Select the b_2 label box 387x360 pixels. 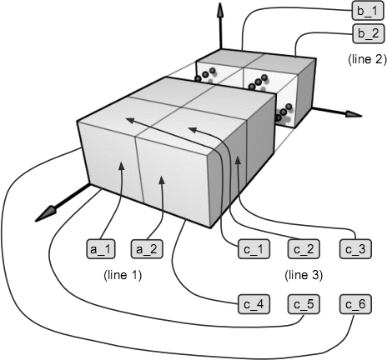(x=369, y=34)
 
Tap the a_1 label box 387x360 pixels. (x=101, y=249)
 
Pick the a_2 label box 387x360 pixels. (x=147, y=249)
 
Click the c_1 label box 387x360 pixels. (x=254, y=249)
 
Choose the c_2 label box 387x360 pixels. (x=304, y=249)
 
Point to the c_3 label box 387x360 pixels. (x=355, y=249)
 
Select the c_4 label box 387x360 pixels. (x=254, y=304)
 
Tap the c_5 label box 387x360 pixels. (x=304, y=304)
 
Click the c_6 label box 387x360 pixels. (x=355, y=304)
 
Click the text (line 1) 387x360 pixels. (x=123, y=275)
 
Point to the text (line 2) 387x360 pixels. (x=367, y=59)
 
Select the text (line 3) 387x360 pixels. (x=304, y=275)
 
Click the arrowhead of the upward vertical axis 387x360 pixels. (x=220, y=10)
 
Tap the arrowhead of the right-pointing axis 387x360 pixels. (x=354, y=114)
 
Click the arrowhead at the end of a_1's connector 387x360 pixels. (x=121, y=166)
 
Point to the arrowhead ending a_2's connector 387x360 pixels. (x=162, y=180)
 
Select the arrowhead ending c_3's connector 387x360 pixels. (x=237, y=160)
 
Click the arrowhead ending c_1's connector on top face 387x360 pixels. (x=130, y=120)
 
